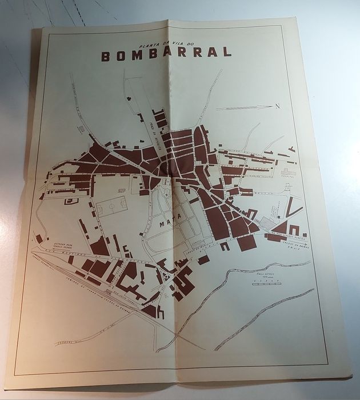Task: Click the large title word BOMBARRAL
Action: click(x=166, y=53)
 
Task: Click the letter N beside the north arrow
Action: click(x=277, y=105)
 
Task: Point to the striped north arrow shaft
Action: click(x=243, y=107)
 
